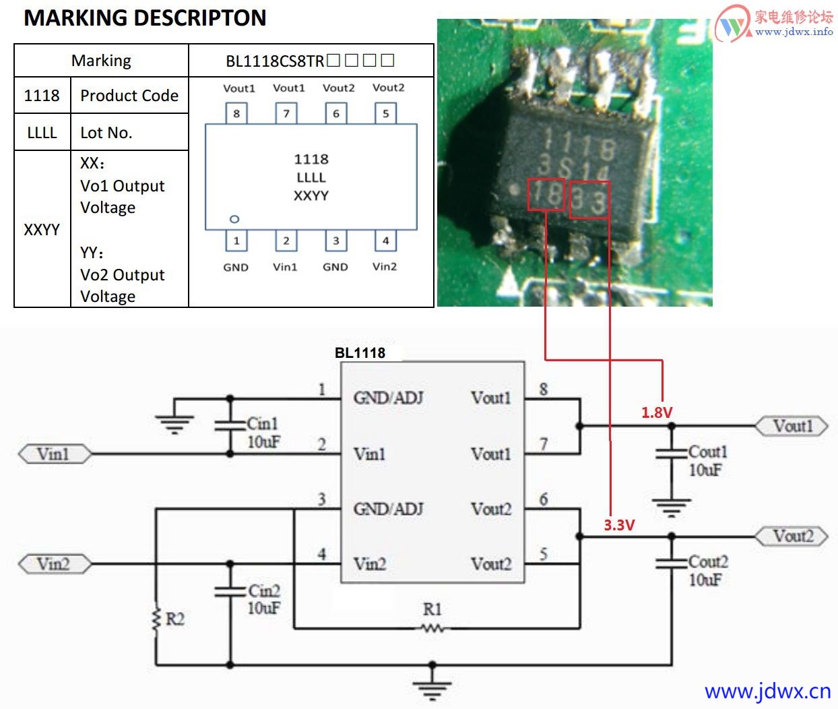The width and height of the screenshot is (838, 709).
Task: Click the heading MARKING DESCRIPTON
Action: [x=145, y=18]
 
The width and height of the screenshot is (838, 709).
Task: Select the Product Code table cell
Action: [x=129, y=96]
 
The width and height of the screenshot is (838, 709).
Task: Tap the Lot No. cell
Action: [x=106, y=133]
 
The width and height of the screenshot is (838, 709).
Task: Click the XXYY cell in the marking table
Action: [x=42, y=230]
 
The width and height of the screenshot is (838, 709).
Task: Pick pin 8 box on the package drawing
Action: [x=236, y=113]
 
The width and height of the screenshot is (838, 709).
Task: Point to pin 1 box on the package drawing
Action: [x=236, y=241]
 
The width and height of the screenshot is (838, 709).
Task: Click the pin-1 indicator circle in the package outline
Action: [x=234, y=219]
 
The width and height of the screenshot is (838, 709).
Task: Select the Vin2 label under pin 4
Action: [x=385, y=267]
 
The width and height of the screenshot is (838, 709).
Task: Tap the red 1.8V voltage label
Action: [x=657, y=412]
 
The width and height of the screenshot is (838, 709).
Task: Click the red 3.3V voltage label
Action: [x=619, y=525]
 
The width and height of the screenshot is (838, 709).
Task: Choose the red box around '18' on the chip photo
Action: [x=546, y=195]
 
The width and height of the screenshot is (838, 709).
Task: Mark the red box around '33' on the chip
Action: [x=589, y=199]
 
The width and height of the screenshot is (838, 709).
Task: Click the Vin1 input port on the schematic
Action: [x=54, y=454]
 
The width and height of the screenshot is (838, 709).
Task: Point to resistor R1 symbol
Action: [x=432, y=628]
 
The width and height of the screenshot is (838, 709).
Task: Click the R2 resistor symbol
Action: [x=156, y=619]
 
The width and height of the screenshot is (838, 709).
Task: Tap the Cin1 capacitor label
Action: [x=262, y=424]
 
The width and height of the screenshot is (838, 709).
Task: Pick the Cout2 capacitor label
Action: [x=707, y=562]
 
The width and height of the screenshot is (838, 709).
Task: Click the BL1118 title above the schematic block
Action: [x=360, y=352]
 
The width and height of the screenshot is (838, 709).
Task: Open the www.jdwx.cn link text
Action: [x=767, y=691]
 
